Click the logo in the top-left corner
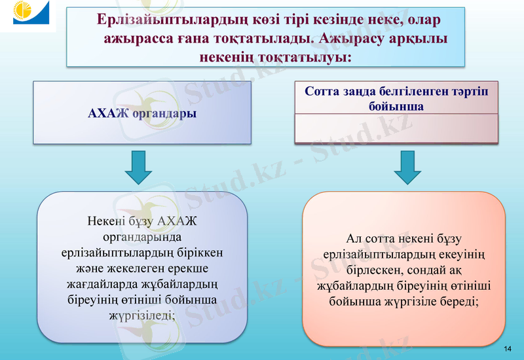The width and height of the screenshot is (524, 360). [x=28, y=15]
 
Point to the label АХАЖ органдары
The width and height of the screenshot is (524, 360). [x=142, y=113]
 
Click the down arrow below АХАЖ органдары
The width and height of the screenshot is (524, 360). [x=138, y=167]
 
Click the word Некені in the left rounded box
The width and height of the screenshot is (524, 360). [x=106, y=221]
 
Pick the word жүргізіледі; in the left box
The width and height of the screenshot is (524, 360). [x=142, y=315]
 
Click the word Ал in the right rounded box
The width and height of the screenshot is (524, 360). [x=354, y=239]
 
